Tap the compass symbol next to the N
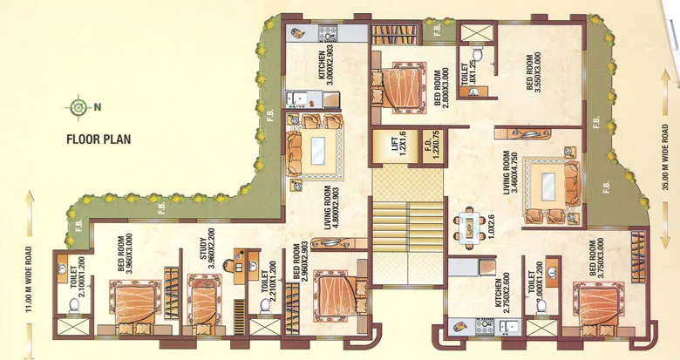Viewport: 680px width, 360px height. [x=79, y=107]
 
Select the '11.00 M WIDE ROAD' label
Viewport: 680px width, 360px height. [x=30, y=258]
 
